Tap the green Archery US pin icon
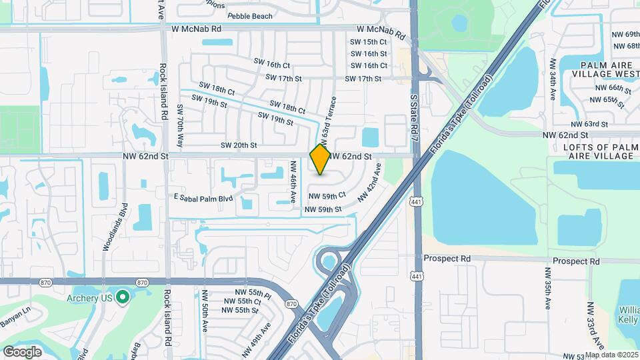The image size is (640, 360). (x=122, y=297)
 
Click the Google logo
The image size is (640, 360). (x=23, y=351)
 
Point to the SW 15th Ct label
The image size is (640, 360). (x=369, y=42)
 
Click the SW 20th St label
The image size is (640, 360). (x=239, y=145)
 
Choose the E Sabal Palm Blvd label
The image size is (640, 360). (x=203, y=198)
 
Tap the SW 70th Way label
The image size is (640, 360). (x=179, y=125)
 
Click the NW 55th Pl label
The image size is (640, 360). (x=253, y=293)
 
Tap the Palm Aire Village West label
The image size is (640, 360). (x=606, y=70)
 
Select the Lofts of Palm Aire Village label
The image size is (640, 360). (x=597, y=151)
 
